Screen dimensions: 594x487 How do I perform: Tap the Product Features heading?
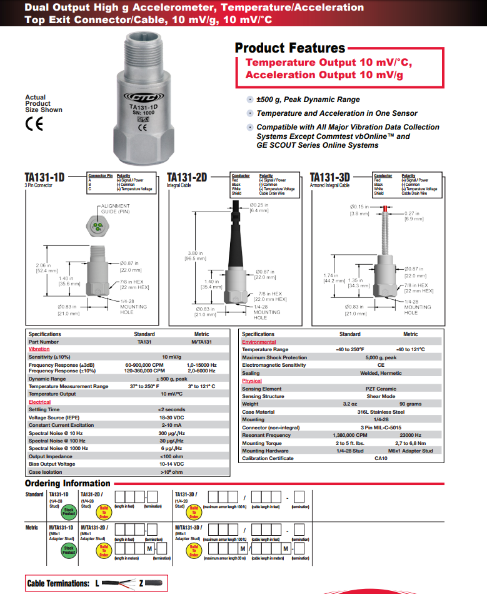pyautogui.click(x=289, y=48)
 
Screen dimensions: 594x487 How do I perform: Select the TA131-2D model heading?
pyautogui.click(x=187, y=177)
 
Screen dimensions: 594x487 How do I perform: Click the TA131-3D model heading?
pyautogui.click(x=329, y=177)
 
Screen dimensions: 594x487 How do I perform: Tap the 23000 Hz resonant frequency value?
pyautogui.click(x=410, y=435)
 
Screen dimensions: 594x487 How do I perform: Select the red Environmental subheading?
pyautogui.click(x=259, y=342)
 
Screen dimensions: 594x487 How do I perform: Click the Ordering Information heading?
pyautogui.click(x=68, y=483)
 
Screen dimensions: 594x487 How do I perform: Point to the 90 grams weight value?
pyautogui.click(x=410, y=404)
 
